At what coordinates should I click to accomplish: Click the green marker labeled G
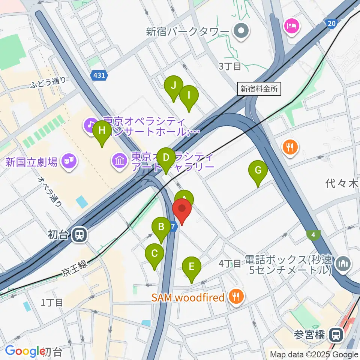(x=258, y=171)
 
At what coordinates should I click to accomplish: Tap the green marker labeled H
(x=102, y=131)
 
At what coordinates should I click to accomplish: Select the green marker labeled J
(x=174, y=86)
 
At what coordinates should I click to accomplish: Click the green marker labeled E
(x=192, y=267)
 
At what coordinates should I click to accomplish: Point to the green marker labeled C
(x=154, y=254)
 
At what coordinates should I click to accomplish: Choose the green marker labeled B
(x=161, y=227)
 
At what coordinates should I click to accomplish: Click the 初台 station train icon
(x=79, y=235)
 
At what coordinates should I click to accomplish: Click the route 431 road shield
(x=99, y=75)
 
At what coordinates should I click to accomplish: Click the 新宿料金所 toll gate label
(x=259, y=89)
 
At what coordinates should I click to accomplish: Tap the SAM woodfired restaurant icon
(x=236, y=297)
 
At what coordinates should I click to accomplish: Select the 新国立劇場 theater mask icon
(x=69, y=162)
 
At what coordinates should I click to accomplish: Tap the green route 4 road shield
(x=313, y=235)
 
